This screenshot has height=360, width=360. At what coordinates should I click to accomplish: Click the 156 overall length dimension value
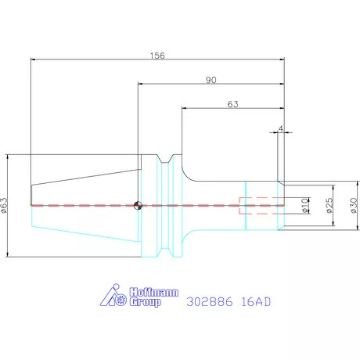(157, 56)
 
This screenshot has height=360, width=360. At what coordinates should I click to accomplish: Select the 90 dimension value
(211, 80)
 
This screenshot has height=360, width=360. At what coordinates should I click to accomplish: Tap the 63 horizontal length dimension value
(232, 104)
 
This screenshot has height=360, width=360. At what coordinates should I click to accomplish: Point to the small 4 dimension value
(281, 128)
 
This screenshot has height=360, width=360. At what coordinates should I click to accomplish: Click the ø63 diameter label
(5, 205)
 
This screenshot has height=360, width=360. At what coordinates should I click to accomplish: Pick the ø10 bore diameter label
(304, 206)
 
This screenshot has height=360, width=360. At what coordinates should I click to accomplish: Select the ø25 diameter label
(329, 206)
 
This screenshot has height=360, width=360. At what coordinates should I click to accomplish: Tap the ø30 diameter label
(354, 206)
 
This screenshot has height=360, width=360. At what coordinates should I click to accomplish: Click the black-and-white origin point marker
(138, 206)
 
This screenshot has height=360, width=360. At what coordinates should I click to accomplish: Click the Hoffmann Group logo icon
(113, 295)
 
